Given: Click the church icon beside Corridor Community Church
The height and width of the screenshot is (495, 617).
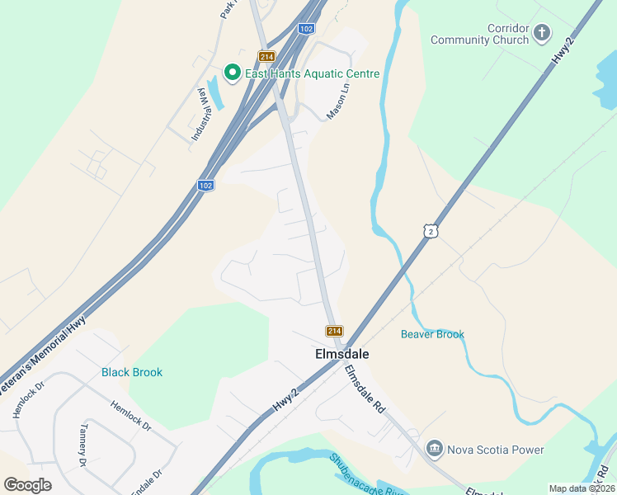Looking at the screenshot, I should click(542, 33).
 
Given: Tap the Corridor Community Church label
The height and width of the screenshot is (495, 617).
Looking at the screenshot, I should click(478, 34).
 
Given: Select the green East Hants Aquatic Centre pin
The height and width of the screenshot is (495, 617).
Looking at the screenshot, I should click(233, 73).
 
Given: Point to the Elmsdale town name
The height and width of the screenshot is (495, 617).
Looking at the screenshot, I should click(341, 354).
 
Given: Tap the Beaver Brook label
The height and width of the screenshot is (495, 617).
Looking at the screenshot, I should click(432, 334).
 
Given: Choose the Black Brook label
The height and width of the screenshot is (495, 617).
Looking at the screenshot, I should click(132, 372).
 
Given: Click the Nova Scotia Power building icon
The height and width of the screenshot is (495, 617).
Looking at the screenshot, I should click(434, 450).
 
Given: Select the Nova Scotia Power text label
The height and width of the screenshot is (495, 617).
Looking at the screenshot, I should click(495, 450).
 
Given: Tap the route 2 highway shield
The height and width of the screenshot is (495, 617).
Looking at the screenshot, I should click(431, 232).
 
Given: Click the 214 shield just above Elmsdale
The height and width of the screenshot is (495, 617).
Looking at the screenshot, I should click(334, 331).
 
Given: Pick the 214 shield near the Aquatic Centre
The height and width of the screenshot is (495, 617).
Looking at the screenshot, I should click(266, 56).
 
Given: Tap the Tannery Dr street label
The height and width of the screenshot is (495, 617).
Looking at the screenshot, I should click(82, 445).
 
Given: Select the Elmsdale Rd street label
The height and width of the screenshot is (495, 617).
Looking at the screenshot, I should click(365, 389).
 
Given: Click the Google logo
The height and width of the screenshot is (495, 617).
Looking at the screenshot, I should click(28, 485).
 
